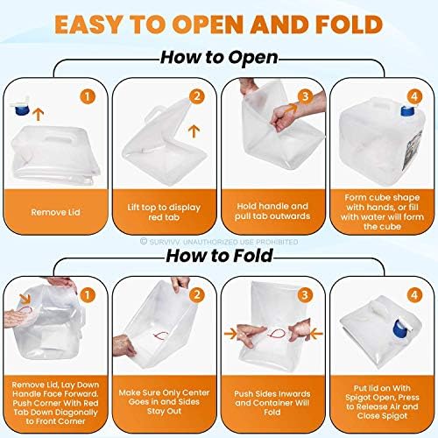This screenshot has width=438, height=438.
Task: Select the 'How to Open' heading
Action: [219, 58]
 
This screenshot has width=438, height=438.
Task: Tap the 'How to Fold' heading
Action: [219, 257]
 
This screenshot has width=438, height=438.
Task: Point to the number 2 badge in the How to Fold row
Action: [199, 294]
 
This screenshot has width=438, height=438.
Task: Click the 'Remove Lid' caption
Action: [58, 212]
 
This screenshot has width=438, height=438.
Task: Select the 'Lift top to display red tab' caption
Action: [166, 212]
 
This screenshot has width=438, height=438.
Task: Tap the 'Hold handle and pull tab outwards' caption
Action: [272, 212]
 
